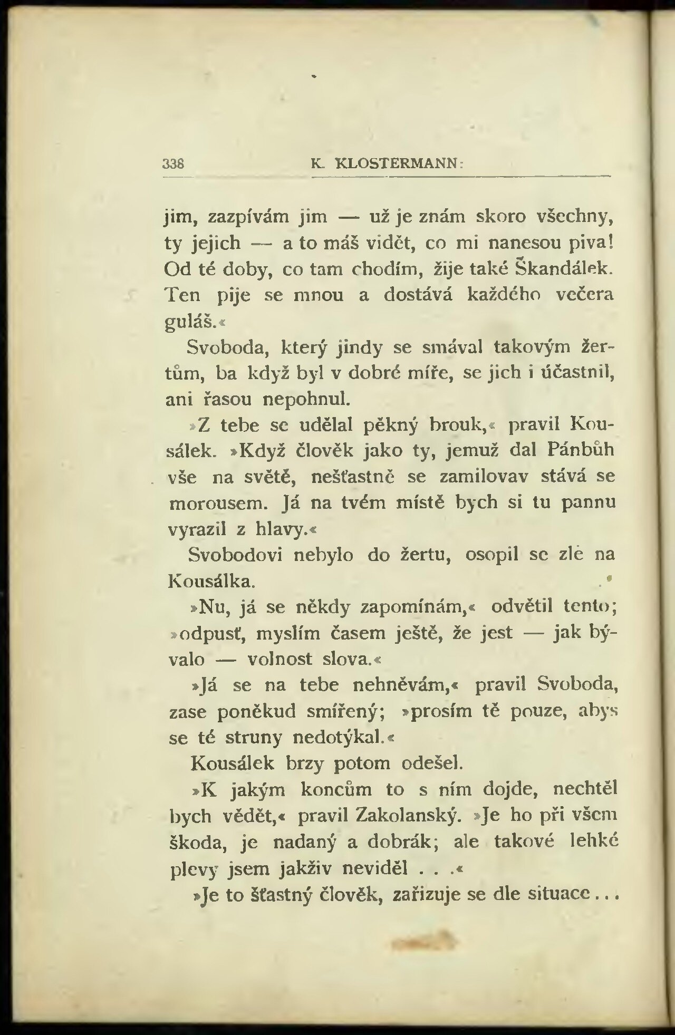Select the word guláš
point(188,321)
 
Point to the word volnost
point(280,660)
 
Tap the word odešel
point(432,763)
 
